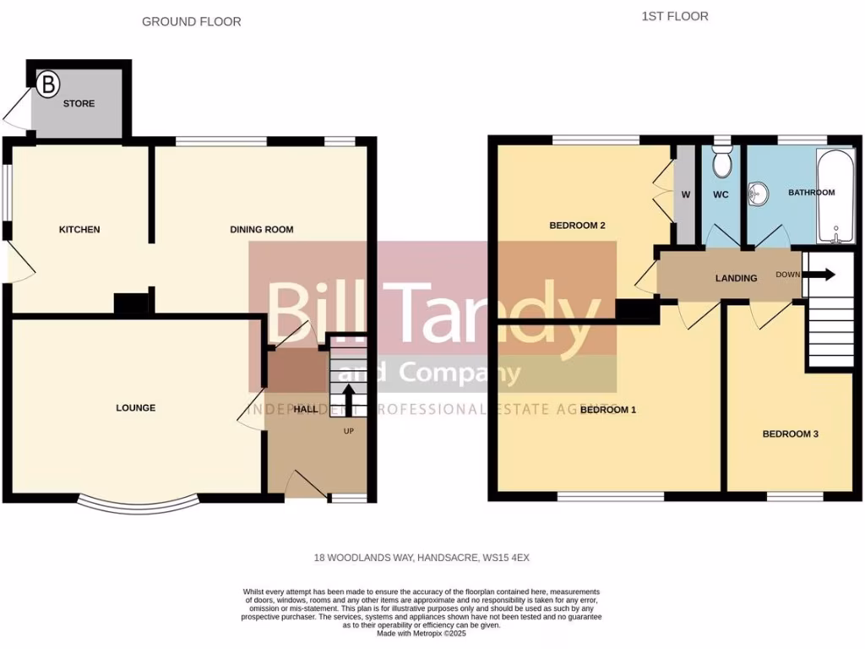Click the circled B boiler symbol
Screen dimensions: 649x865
click(49, 83)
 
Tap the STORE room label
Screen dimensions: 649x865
click(79, 104)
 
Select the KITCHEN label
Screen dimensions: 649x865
click(79, 230)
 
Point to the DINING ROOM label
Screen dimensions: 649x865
click(262, 230)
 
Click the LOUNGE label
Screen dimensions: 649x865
click(136, 408)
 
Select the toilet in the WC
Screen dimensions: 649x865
click(722, 161)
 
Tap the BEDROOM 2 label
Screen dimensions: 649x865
click(579, 226)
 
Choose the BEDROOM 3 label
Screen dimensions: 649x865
click(791, 434)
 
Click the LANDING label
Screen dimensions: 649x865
click(737, 278)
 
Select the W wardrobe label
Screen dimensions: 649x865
click(686, 195)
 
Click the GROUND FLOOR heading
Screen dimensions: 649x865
click(191, 22)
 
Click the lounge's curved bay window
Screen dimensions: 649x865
click(139, 507)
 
